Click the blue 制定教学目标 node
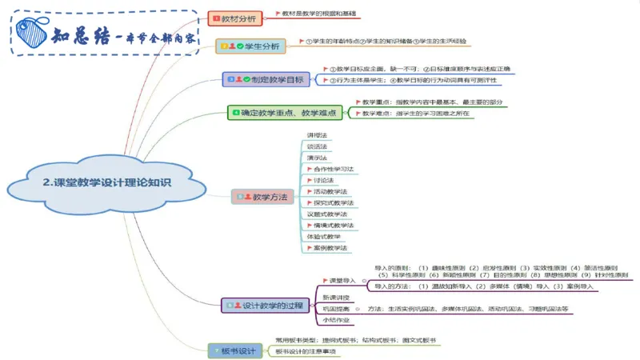tap(267, 79)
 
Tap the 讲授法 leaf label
tap(316, 135)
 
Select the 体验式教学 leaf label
tap(323, 237)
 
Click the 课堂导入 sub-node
tap(341, 281)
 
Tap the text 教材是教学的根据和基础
tap(319, 14)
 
